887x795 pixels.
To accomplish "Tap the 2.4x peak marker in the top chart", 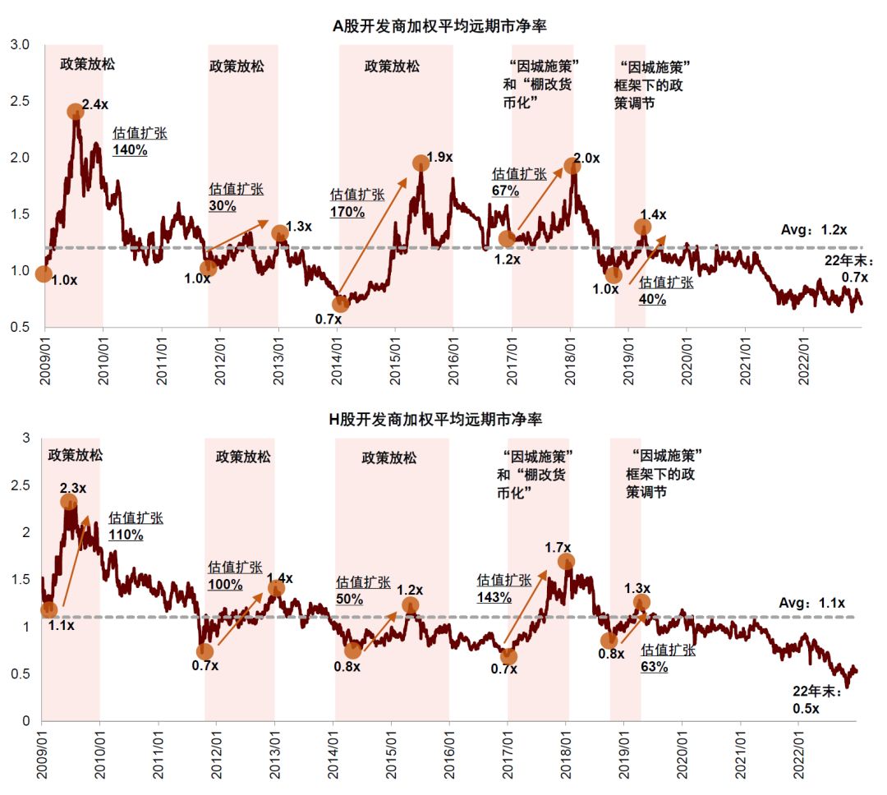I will (x=75, y=112).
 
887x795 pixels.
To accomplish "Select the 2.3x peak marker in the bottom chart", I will (x=69, y=502).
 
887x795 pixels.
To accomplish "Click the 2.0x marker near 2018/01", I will (x=572, y=166).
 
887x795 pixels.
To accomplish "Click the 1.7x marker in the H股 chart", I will (x=566, y=562).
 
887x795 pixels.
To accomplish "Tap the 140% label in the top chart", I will (x=130, y=150).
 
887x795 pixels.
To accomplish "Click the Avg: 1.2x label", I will (x=813, y=230).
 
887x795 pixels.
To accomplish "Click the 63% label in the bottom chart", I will (x=654, y=667).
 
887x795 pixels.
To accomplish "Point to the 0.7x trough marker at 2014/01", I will (x=340, y=305).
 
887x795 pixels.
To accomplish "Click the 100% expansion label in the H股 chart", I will (x=226, y=585).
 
